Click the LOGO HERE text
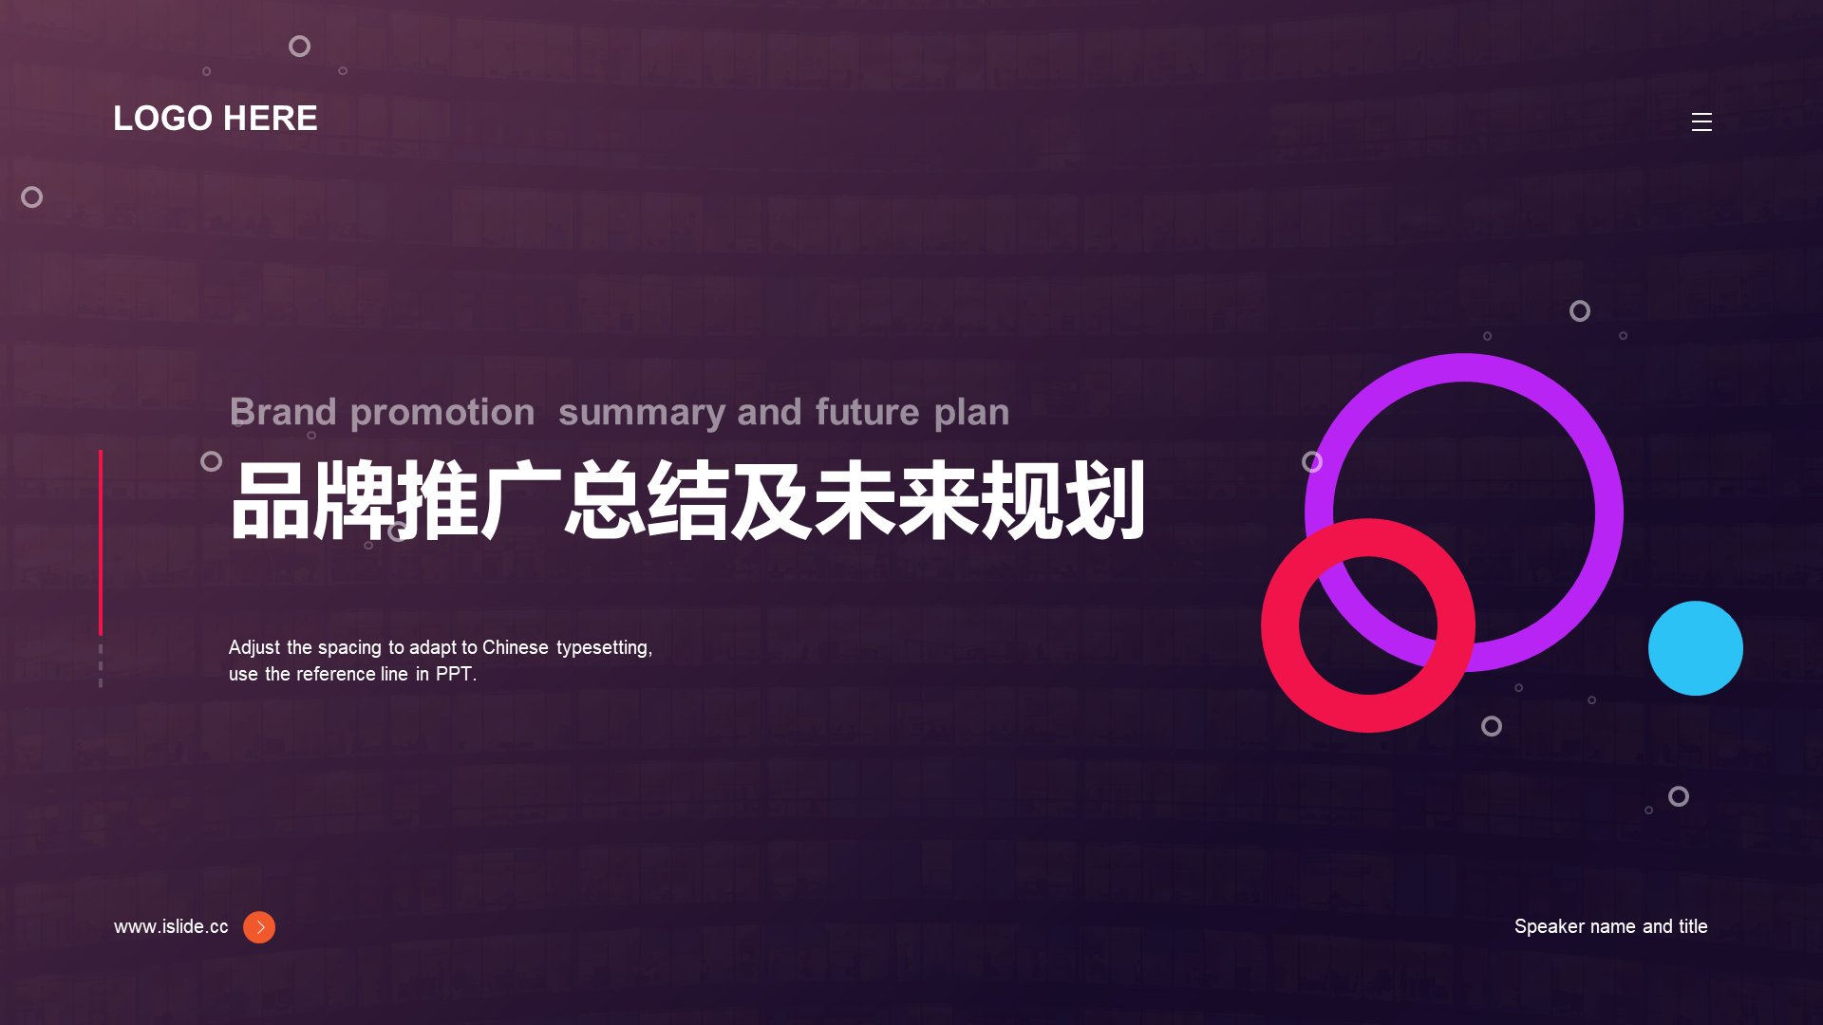coord(216,119)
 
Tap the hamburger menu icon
coord(1701,121)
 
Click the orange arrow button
coord(259,927)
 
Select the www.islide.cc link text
coord(171,926)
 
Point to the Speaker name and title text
coord(1610,926)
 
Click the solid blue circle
coord(1696,648)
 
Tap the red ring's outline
coord(1280,626)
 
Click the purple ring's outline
coord(1608,512)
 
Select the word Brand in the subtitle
coord(283,412)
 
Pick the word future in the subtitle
coord(867,412)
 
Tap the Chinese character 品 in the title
coord(271,500)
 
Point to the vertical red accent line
coord(101,543)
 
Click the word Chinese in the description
coord(516,647)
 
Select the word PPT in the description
coord(454,674)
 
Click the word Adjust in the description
coord(254,648)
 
